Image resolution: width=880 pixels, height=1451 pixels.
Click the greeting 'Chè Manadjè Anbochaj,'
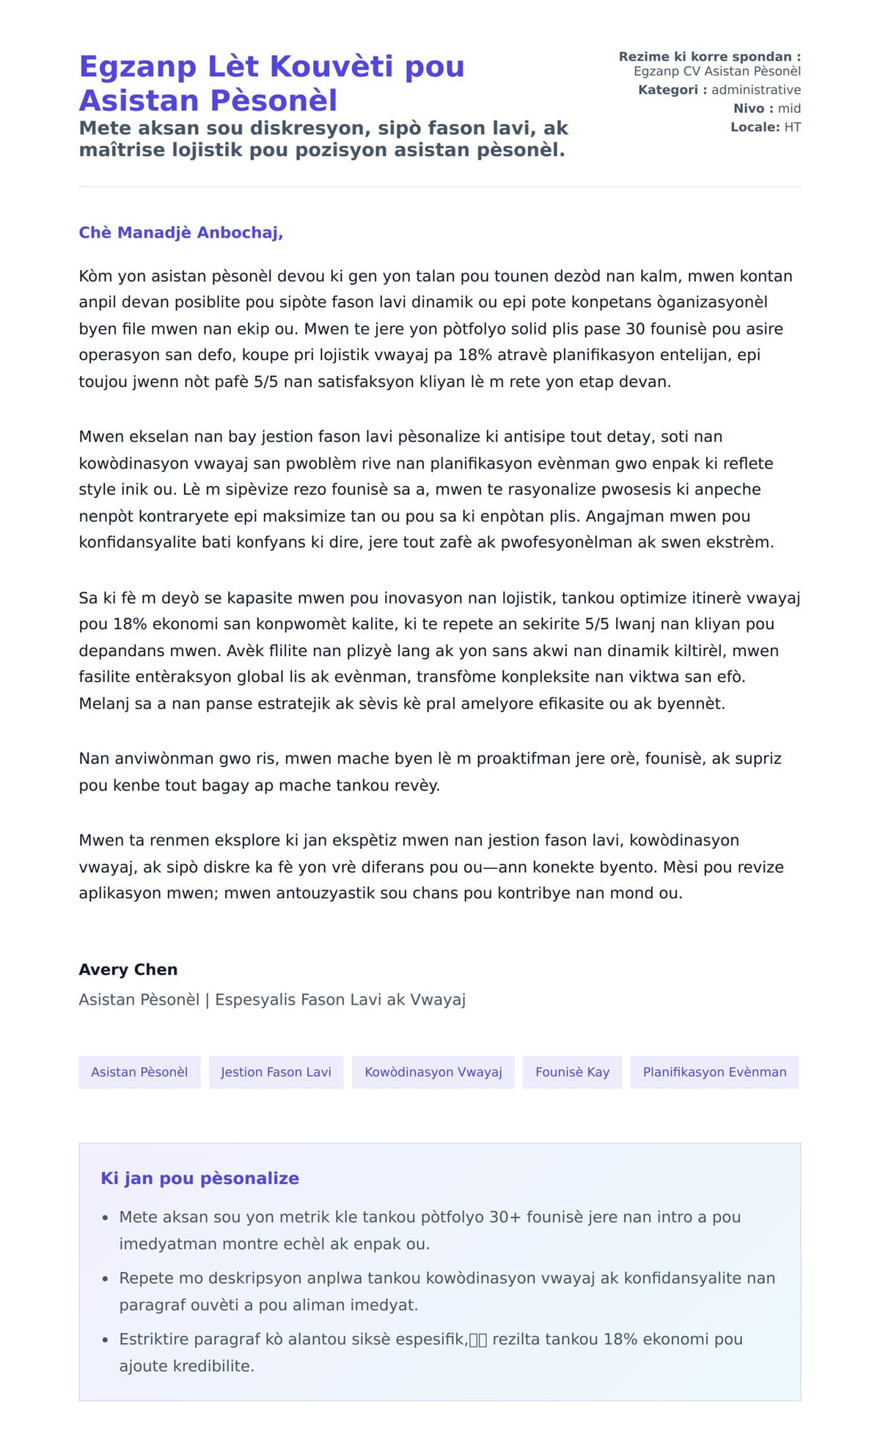[x=180, y=232]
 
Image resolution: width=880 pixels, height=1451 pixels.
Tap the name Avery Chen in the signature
[x=128, y=969]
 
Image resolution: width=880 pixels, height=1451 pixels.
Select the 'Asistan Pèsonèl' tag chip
[x=139, y=1072]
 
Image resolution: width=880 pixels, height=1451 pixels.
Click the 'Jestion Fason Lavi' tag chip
[x=276, y=1072]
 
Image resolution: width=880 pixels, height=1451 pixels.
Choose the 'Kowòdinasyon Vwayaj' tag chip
[x=433, y=1072]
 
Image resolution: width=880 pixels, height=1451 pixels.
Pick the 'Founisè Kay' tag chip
[x=572, y=1072]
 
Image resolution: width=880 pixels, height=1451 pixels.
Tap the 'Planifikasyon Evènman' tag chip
[x=714, y=1072]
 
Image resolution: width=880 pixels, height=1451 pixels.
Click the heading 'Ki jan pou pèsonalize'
[x=199, y=1178]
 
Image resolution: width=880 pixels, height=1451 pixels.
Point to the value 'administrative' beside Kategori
[x=756, y=89]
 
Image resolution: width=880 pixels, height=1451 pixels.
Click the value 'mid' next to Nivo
[x=789, y=109]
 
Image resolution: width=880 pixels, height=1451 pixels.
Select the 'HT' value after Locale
[x=792, y=127]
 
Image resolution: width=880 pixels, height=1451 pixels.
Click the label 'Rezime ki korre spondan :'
[x=709, y=56]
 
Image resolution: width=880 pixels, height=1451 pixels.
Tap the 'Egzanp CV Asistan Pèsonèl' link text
[x=716, y=71]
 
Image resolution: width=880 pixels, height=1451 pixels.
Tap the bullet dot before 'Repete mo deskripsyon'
[x=106, y=1279]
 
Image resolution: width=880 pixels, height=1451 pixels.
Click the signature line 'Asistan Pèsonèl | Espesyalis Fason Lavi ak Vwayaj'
[x=272, y=999]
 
